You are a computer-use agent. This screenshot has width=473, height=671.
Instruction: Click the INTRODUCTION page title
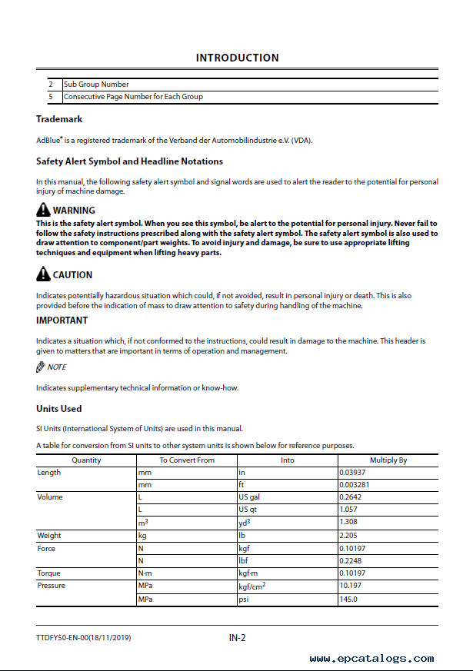237,58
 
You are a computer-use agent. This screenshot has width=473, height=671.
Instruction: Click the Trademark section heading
59,119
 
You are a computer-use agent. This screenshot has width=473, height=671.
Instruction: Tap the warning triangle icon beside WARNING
43,210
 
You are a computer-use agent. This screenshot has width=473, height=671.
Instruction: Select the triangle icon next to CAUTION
43,274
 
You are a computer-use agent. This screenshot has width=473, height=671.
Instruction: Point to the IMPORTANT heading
62,320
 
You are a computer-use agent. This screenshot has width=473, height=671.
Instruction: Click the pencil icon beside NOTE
41,367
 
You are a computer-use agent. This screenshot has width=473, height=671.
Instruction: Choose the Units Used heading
59,408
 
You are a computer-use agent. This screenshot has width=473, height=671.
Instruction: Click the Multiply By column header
388,460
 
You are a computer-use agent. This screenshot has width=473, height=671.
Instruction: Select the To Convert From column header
187,460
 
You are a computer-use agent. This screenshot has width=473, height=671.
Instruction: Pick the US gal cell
249,497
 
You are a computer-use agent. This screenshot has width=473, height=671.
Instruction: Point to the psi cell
244,599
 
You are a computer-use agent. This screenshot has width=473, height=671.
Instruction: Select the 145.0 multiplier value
348,599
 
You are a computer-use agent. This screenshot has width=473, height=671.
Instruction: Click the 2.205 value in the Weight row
348,536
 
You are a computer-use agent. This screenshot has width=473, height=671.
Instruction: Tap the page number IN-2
237,637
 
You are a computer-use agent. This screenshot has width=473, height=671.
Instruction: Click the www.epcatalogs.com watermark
371,659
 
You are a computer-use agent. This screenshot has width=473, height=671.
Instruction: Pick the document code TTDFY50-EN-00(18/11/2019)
88,638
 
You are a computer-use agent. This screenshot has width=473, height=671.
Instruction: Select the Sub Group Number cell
96,85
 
